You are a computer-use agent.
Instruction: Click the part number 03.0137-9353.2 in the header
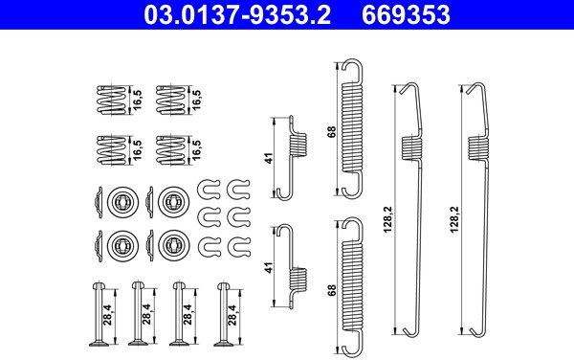tap(237, 14)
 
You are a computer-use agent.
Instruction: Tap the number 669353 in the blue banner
tap(406, 14)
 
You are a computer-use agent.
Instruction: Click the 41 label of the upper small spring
tap(270, 158)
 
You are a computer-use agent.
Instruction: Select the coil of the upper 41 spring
tap(298, 145)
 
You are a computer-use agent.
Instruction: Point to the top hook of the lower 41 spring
tap(285, 230)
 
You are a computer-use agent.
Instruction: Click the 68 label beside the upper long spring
tap(332, 132)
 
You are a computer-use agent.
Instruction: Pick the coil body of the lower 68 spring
tap(352, 285)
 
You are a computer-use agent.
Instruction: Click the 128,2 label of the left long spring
tap(388, 219)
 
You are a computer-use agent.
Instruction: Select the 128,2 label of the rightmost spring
tap(454, 219)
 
